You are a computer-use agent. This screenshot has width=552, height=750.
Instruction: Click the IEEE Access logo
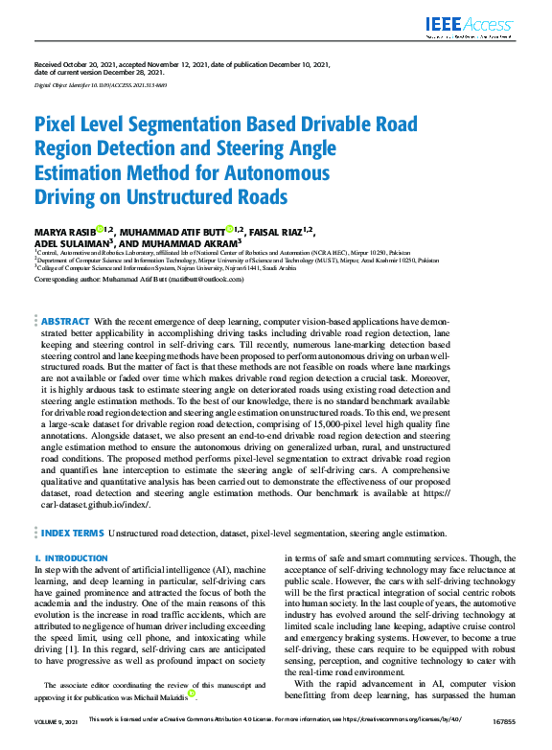pos(471,27)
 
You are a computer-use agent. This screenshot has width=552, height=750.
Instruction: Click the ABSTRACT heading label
pos(66,322)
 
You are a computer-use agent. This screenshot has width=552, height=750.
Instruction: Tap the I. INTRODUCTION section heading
pos(71,557)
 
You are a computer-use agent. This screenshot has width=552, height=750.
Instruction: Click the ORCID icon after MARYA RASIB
pos(100,230)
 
